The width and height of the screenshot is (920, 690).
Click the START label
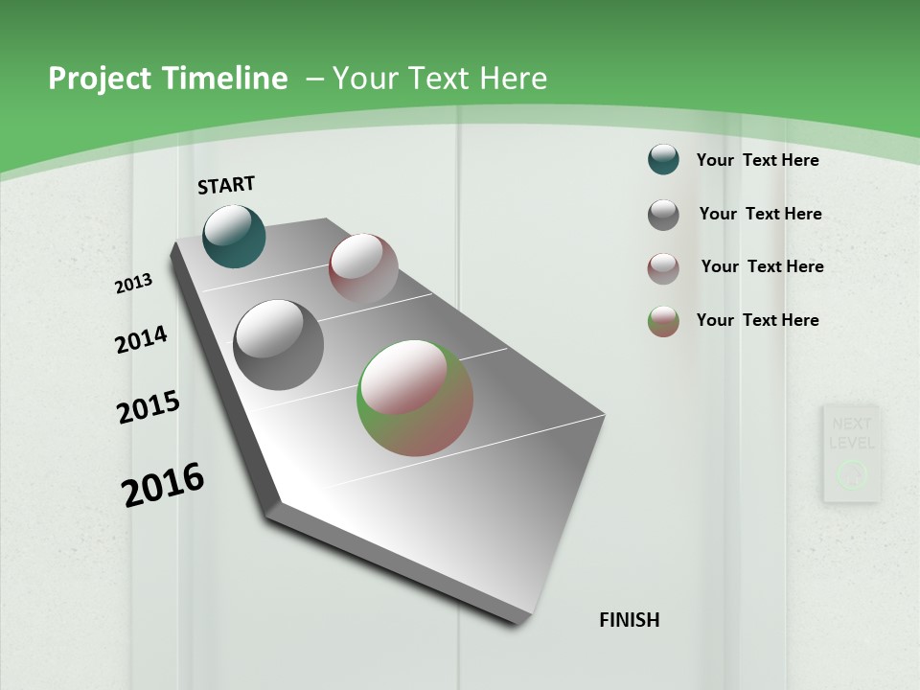[x=226, y=185]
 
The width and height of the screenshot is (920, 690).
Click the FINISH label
[x=629, y=620]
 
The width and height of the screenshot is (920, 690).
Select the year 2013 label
[x=133, y=284]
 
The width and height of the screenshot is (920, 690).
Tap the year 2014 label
[x=141, y=339]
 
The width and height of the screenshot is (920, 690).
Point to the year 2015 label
[x=149, y=407]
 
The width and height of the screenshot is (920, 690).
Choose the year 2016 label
[x=163, y=484]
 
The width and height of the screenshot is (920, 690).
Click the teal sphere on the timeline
[x=234, y=237]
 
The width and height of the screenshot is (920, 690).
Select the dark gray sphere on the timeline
[x=278, y=345]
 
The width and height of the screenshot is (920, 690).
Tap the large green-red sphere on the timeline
[x=415, y=398]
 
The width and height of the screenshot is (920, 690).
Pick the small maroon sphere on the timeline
[x=363, y=268]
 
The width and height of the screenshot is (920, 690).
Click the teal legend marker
[x=663, y=160]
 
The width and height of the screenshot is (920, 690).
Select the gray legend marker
[x=663, y=215]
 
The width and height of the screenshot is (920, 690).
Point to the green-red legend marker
[x=663, y=321]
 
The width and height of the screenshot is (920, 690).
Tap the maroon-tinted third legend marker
[x=663, y=268]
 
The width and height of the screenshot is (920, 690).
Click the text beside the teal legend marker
[x=757, y=160]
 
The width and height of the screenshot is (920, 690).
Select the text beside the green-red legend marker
[x=757, y=320]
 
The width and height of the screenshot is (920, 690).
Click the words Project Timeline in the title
[x=168, y=79]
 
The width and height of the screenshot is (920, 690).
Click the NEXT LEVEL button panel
[x=851, y=453]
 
